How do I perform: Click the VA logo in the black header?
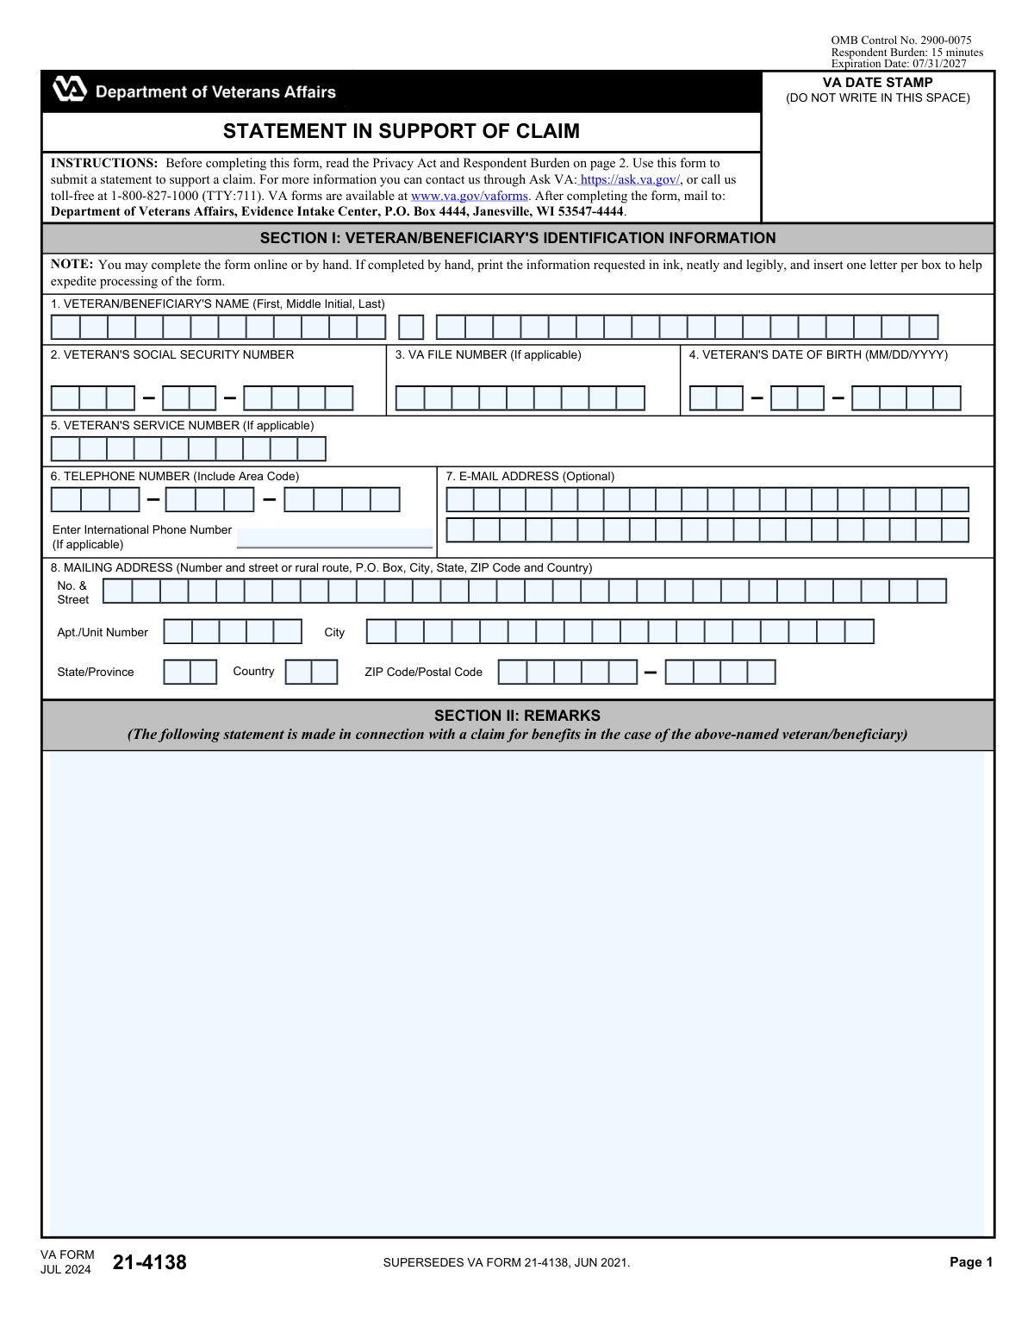(x=70, y=89)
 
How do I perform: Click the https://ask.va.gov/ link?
(x=630, y=179)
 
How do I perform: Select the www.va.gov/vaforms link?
(x=469, y=196)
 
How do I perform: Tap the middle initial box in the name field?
(x=411, y=327)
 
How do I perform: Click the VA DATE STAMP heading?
(x=877, y=83)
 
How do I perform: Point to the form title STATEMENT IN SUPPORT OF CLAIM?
(x=402, y=131)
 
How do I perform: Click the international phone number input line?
(x=334, y=538)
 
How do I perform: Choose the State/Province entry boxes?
(x=190, y=672)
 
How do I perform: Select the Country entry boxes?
(x=311, y=672)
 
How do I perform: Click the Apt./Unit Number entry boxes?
(x=233, y=632)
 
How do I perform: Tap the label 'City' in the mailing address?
(x=334, y=632)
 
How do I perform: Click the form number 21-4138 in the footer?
(x=149, y=1262)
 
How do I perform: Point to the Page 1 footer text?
(x=971, y=1262)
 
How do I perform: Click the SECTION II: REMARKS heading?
(x=517, y=716)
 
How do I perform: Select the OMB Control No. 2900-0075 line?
(x=900, y=41)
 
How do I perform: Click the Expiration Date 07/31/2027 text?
(x=899, y=64)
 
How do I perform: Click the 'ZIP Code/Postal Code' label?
(x=423, y=672)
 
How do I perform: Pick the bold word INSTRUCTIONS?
(x=103, y=163)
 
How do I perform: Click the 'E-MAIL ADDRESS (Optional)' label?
(x=530, y=476)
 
